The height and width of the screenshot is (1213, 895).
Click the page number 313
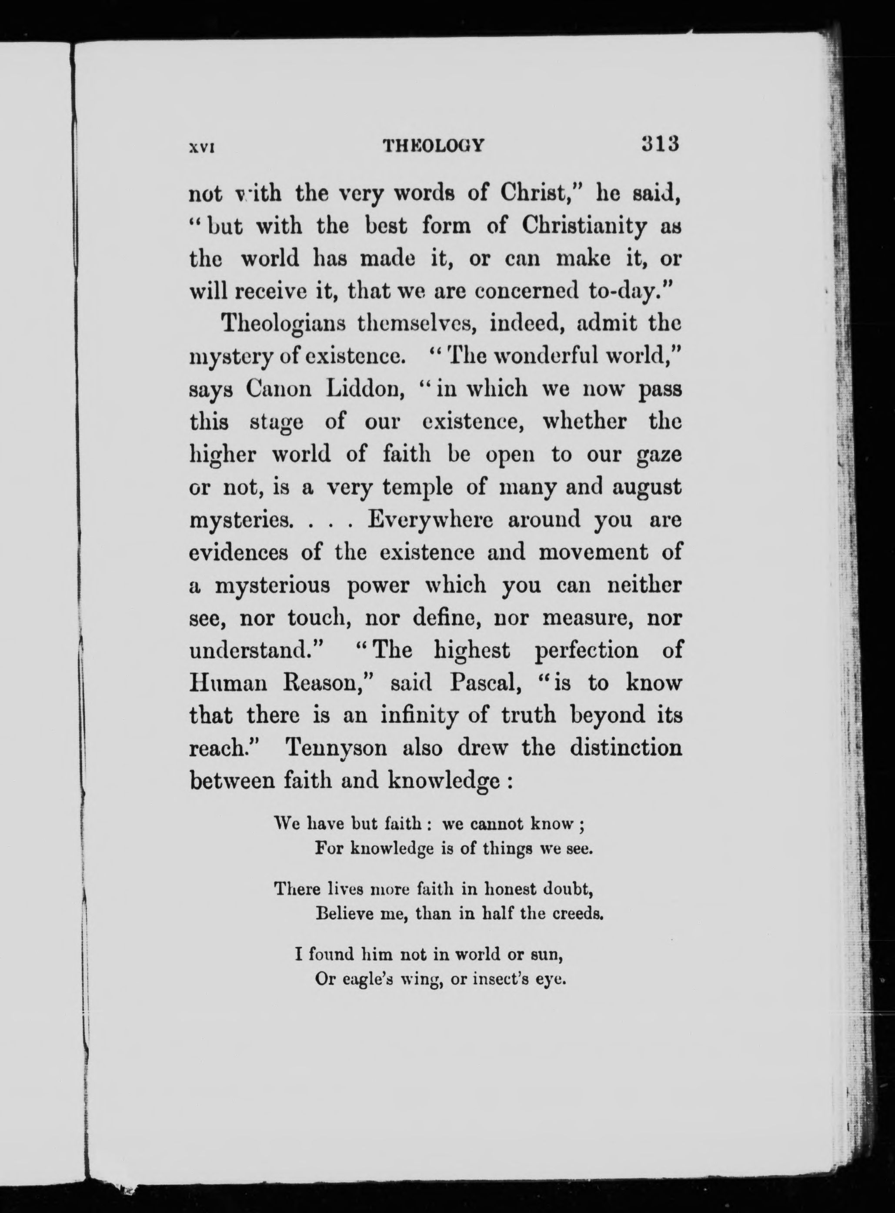pyautogui.click(x=660, y=145)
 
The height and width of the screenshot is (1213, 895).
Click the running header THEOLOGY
pyautogui.click(x=434, y=146)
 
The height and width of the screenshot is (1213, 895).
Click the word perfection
pyautogui.click(x=586, y=650)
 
